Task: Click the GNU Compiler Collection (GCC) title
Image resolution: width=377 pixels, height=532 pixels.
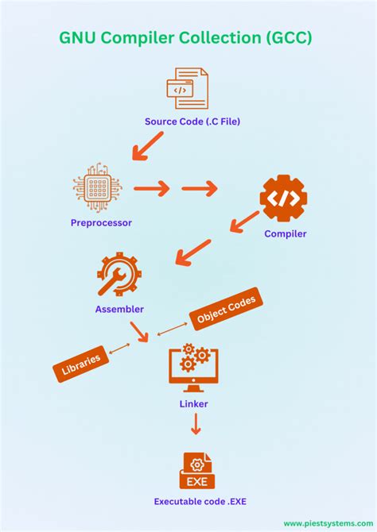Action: [x=185, y=37]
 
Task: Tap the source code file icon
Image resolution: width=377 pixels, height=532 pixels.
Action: [x=188, y=88]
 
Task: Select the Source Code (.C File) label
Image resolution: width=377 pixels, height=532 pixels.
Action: [x=192, y=121]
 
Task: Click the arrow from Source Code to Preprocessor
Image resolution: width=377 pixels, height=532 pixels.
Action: [x=147, y=146]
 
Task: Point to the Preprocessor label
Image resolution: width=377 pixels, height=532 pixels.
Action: [x=101, y=223]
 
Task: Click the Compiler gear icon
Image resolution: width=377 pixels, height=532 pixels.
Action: [x=283, y=199]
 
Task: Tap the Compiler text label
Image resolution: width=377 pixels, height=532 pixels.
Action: [x=286, y=233]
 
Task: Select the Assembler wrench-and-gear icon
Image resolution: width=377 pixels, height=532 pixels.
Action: [x=119, y=274]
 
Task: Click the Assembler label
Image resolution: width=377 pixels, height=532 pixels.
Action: [x=119, y=309]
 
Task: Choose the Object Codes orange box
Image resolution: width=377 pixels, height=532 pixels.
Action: [x=227, y=309]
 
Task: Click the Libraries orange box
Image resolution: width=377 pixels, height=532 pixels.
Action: [x=81, y=364]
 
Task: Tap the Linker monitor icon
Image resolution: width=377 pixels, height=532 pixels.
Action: [x=193, y=368]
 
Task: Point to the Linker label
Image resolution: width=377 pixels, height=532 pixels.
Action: [x=194, y=403]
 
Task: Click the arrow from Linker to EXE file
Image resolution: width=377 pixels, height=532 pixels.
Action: [x=196, y=424]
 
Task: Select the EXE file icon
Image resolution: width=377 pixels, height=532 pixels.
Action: [x=197, y=470]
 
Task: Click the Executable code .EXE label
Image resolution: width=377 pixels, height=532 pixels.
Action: [x=200, y=502]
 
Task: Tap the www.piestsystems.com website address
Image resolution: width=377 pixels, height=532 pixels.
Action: [x=328, y=523]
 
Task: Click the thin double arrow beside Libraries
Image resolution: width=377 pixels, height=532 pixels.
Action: [x=119, y=349]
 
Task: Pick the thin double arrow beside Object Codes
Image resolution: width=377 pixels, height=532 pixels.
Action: [x=172, y=329]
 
